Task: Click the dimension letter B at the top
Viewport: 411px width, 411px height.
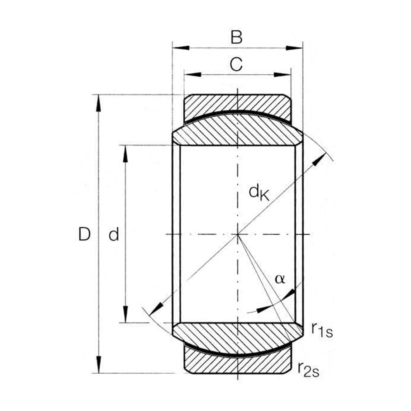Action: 236,37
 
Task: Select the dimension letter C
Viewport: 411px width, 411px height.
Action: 236,65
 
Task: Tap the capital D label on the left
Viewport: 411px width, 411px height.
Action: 84,234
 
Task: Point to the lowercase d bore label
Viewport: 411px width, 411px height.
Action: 114,234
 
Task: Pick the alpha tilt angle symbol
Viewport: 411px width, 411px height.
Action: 280,279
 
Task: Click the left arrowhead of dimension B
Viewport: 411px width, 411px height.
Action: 181,48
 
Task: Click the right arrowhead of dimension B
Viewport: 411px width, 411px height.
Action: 294,48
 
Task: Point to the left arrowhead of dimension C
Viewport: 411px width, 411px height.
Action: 193,74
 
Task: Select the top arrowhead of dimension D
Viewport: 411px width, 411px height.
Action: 98,103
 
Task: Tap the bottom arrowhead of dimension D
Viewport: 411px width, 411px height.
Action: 99,364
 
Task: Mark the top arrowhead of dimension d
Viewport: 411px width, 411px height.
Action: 125,154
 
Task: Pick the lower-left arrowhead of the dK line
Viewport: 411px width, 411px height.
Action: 156,309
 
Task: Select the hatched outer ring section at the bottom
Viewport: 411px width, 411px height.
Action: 238,362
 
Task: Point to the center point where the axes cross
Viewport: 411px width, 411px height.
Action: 238,234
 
